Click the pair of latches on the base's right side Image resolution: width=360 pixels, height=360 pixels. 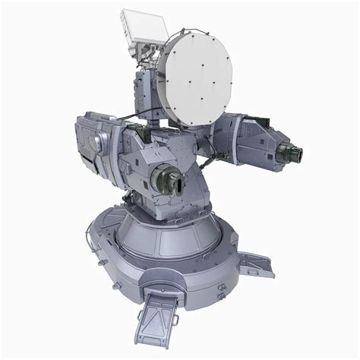point(223,289)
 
